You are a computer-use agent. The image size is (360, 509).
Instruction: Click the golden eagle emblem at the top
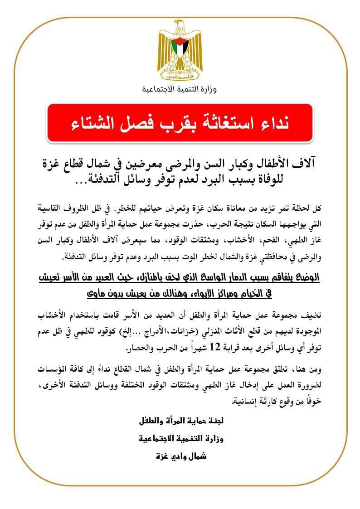[x=180, y=50]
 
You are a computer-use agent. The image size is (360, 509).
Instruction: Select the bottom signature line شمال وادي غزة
[x=181, y=456]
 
